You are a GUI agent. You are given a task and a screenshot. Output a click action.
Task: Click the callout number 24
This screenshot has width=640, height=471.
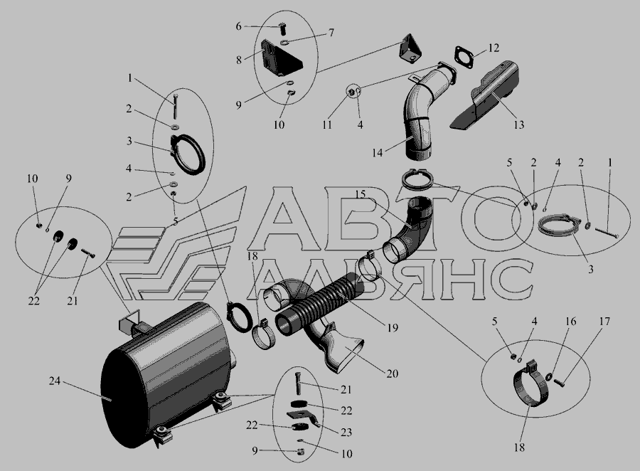click(x=54, y=381)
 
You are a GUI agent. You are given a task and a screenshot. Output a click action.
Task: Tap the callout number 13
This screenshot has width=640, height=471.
click(x=518, y=125)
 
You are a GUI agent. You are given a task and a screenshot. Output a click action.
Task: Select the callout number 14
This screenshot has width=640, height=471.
click(x=377, y=152)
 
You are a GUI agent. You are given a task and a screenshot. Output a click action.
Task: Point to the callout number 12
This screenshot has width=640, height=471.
click(x=494, y=48)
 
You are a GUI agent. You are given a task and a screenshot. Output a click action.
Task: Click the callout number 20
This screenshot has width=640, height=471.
click(x=392, y=374)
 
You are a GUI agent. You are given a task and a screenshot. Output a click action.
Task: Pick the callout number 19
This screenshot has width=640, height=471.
click(x=393, y=327)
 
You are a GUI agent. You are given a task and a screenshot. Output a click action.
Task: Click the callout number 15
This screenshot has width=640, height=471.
click(x=360, y=194)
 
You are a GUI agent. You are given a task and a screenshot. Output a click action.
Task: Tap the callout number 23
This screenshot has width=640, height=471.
click(x=346, y=432)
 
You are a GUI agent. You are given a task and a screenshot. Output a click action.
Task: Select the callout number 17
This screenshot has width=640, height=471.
click(x=604, y=322)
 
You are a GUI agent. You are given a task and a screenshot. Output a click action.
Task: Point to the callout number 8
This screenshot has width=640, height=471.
click(x=239, y=60)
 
